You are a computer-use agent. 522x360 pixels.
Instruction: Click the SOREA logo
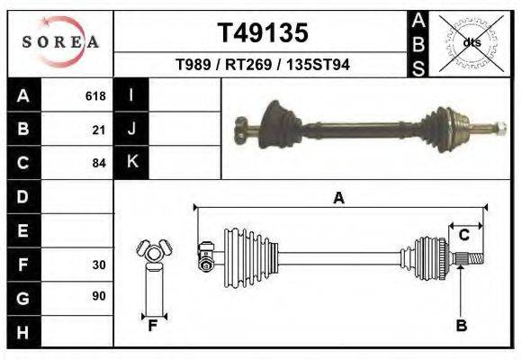[x=60, y=42]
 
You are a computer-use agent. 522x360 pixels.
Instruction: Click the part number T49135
[x=263, y=33]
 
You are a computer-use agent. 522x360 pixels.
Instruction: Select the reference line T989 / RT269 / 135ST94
[x=263, y=65]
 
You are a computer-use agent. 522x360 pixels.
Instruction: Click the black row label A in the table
[x=23, y=95]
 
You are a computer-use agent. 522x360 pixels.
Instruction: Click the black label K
[x=132, y=163]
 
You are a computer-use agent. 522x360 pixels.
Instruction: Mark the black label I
[x=132, y=95]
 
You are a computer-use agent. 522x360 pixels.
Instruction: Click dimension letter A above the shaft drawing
[x=338, y=198]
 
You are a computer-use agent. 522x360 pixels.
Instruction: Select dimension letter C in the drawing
[x=464, y=235]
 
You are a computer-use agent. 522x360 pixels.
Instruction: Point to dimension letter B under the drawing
[x=461, y=326]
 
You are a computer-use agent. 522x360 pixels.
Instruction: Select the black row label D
[x=23, y=196]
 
